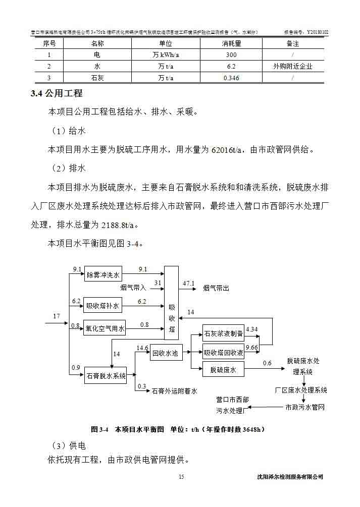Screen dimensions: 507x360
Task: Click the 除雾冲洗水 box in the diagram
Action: tap(103, 275)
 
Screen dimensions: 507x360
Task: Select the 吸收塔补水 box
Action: tap(103, 306)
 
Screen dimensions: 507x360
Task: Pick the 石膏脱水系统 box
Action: tap(106, 375)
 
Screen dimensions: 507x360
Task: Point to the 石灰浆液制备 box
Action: tap(223, 333)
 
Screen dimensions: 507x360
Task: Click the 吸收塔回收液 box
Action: tap(223, 352)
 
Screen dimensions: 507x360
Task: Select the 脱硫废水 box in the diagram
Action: tap(223, 370)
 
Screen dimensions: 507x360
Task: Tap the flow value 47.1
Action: tap(188, 283)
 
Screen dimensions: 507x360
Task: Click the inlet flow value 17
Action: tap(57, 316)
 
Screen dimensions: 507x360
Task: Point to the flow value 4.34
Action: tap(251, 329)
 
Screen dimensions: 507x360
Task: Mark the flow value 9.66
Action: tap(251, 347)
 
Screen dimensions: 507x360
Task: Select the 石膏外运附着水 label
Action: tap(174, 390)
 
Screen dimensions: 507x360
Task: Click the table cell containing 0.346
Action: tap(231, 78)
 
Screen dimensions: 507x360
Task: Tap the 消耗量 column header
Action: tap(231, 44)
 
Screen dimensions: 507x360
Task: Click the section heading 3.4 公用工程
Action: tap(57, 93)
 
